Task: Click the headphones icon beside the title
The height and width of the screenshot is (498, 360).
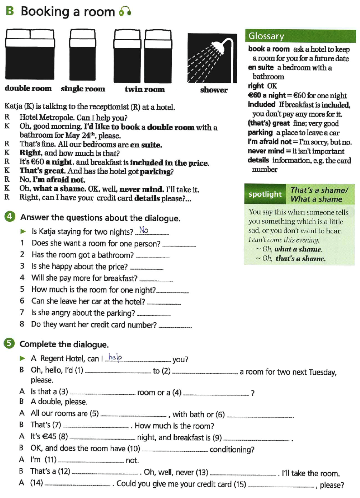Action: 125,11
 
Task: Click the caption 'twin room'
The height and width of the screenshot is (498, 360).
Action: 144,89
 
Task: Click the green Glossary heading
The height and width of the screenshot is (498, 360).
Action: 266,36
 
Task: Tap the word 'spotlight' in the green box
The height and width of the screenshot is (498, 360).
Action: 265,194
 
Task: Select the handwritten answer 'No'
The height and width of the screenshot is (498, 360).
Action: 144,230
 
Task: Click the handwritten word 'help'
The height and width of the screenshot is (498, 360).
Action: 115,357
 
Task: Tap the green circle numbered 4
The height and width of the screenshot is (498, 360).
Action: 10,216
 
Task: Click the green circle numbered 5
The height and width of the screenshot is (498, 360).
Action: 9,343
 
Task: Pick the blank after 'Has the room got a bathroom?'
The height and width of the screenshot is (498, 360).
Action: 153,256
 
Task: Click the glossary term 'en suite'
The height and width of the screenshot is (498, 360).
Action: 261,68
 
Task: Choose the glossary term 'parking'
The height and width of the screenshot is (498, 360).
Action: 260,133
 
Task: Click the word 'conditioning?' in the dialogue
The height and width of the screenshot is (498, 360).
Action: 232,450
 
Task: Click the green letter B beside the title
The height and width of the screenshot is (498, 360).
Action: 10,11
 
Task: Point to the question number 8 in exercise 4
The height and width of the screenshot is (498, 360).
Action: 22,324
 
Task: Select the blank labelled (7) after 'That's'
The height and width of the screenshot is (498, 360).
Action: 96,426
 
